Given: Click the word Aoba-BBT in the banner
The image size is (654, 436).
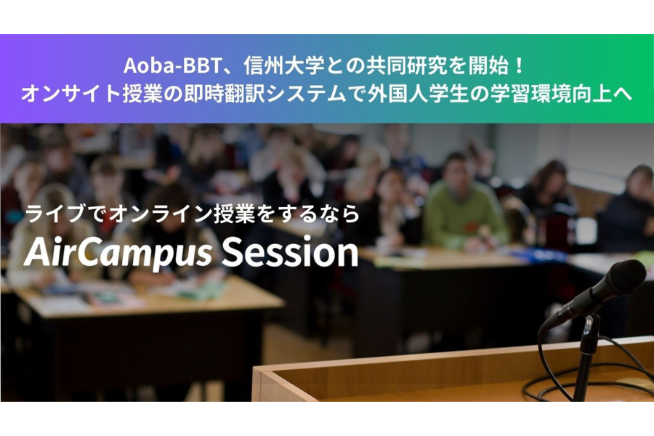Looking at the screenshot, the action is pyautogui.click(x=173, y=66).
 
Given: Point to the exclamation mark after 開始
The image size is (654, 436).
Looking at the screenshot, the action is pyautogui.click(x=519, y=66).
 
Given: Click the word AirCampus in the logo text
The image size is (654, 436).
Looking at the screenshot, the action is pyautogui.click(x=118, y=253).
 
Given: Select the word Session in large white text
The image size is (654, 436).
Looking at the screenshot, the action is pyautogui.click(x=290, y=252).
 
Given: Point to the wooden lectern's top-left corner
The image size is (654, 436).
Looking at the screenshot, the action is pyautogui.click(x=254, y=368).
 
